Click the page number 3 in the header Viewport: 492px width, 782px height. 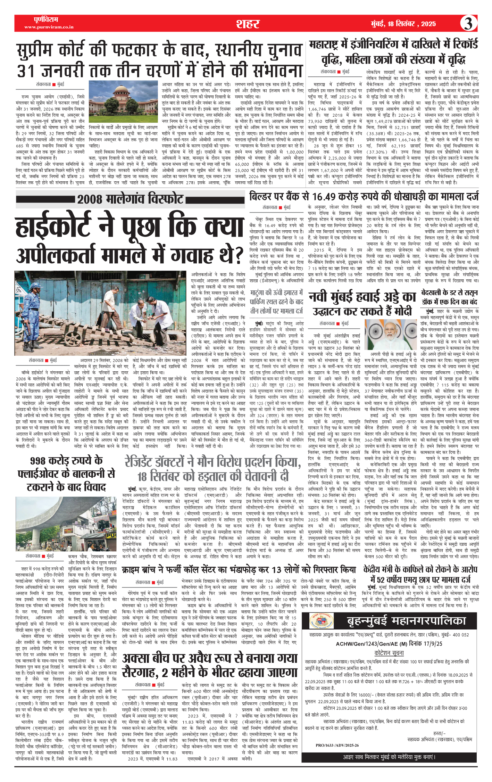coord(468,24)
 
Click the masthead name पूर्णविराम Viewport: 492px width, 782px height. coord(46,19)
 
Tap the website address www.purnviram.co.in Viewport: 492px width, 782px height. coord(49,27)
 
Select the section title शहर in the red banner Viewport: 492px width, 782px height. coord(248,24)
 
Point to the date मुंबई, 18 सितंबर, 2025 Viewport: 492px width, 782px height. coord(403,24)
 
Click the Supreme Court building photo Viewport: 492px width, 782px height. coord(123,101)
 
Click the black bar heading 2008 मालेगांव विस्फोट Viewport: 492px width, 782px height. coord(130,199)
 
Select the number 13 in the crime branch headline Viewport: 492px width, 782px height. coord(276,570)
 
